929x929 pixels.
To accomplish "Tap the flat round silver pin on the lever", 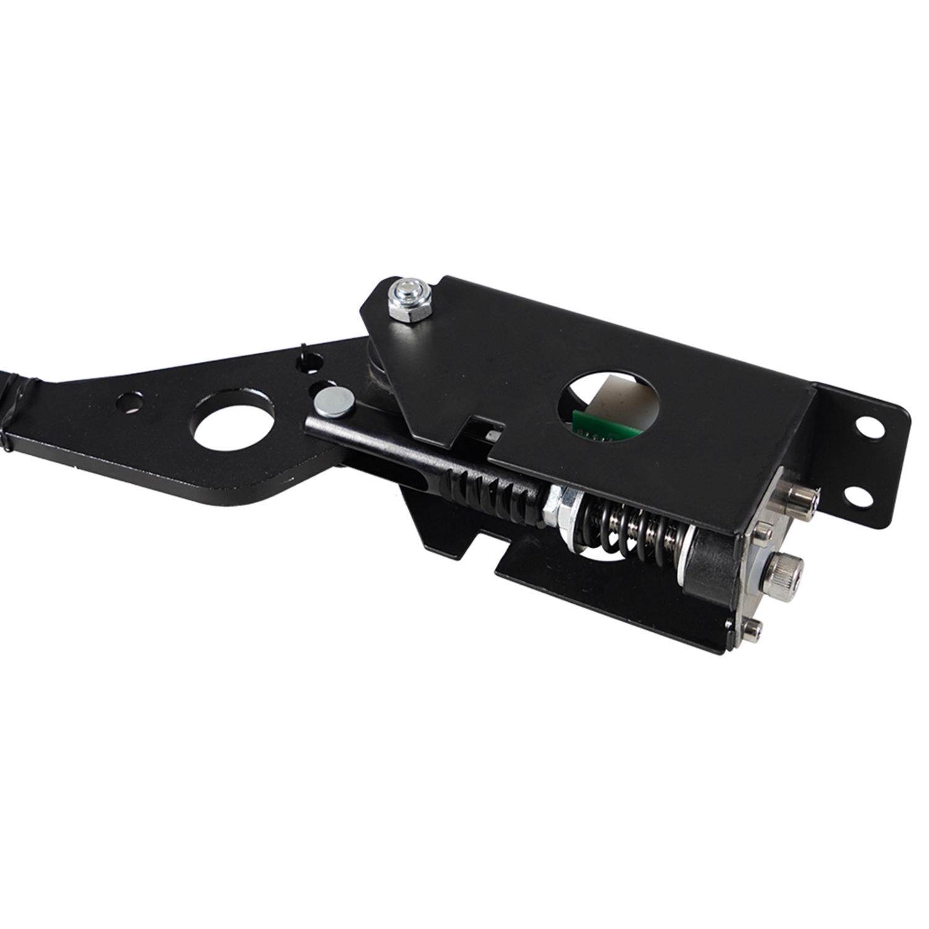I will (x=334, y=402).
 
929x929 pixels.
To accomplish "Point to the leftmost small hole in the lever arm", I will (x=131, y=400).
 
